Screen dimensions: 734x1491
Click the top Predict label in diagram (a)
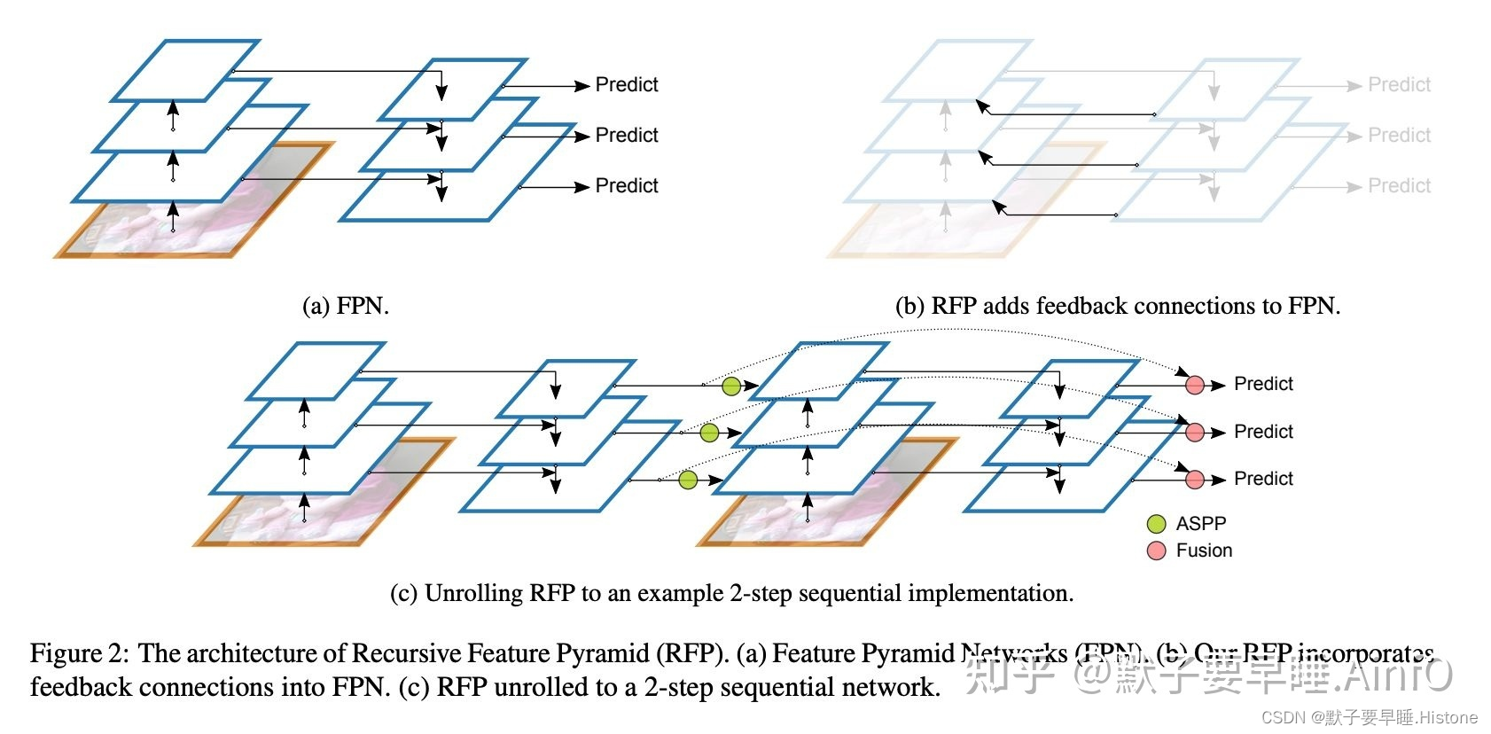626,85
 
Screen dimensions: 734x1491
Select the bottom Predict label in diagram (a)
626,186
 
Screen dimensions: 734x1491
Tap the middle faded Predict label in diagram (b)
1399,136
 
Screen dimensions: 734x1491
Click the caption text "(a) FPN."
346,307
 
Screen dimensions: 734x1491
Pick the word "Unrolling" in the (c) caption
473,593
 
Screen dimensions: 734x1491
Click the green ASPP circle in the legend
1156,524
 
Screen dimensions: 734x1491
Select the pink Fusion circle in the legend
1156,550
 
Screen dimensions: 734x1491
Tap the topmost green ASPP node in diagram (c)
730,386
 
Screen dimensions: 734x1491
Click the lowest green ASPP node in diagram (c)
688,480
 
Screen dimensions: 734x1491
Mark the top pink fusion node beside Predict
1195,385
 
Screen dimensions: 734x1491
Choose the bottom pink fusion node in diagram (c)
1195,480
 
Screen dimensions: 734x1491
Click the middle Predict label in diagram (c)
1263,432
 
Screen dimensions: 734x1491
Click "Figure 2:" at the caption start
79,654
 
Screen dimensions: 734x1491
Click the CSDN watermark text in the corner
1369,717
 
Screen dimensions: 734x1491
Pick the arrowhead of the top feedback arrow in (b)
981,105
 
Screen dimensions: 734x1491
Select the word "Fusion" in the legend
1204,550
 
